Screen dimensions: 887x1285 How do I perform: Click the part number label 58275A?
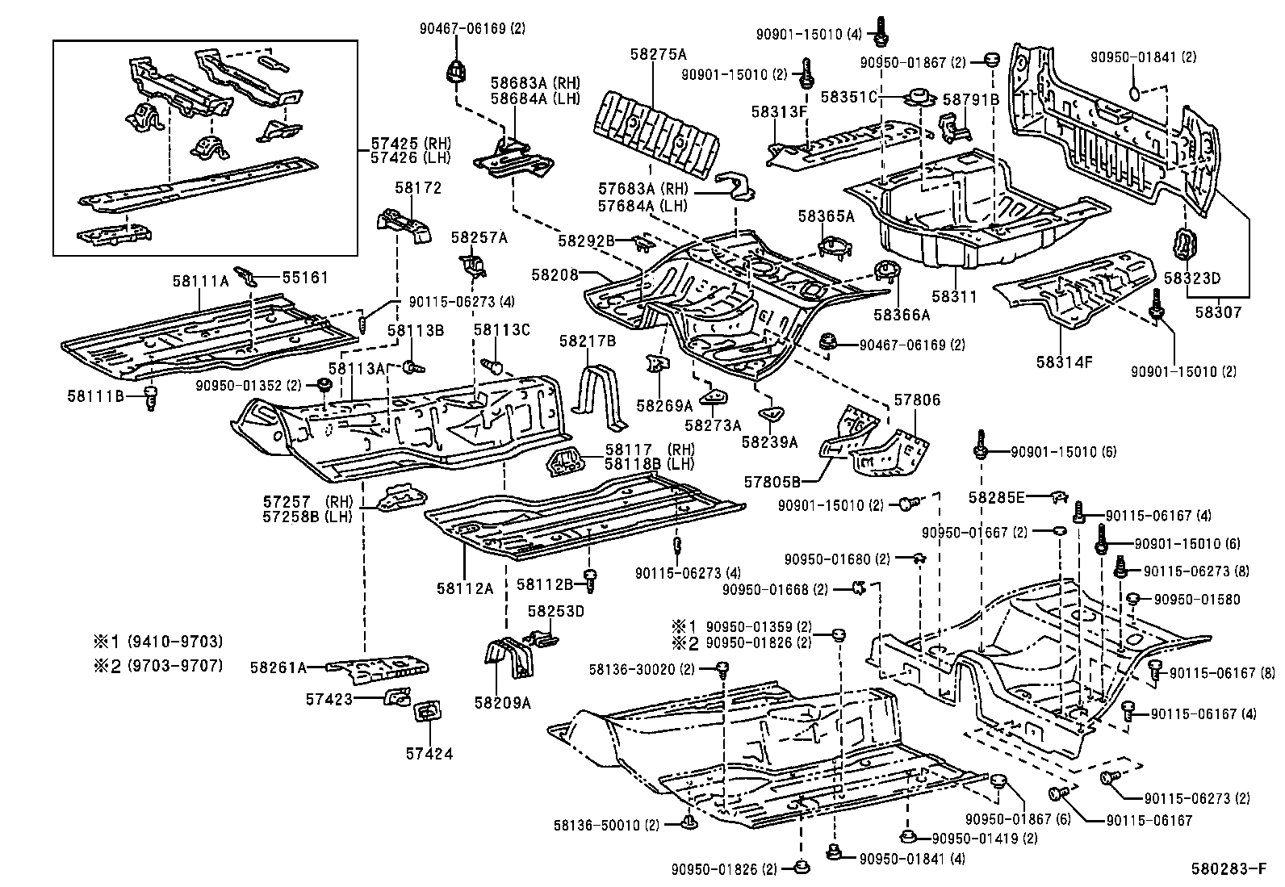659,54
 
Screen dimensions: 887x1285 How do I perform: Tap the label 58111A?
200,281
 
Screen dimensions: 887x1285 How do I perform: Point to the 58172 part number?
418,189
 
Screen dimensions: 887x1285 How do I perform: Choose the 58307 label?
1218,312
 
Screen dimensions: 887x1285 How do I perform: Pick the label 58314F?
1065,362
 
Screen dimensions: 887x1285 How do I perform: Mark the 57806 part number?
917,400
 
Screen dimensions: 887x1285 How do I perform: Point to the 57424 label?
429,755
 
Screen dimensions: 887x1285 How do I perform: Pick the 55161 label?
305,278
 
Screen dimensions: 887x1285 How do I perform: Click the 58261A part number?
278,667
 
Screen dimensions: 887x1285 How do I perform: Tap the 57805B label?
772,482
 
